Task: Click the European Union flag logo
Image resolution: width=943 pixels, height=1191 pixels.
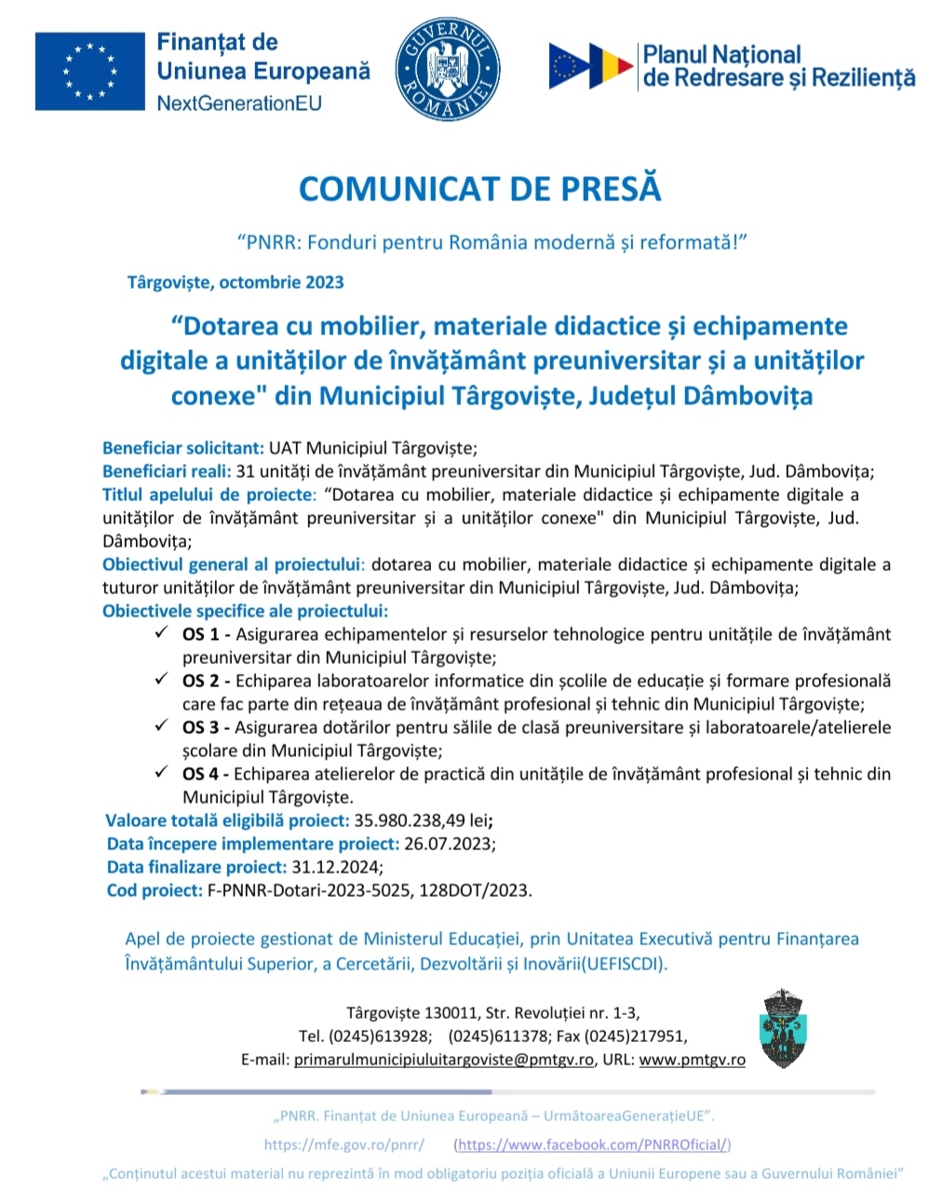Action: [89, 71]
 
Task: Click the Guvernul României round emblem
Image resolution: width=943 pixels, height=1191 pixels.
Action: [447, 69]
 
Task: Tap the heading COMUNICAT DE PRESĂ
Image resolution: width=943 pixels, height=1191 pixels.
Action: [479, 188]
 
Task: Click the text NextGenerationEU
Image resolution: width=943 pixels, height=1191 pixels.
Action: [239, 103]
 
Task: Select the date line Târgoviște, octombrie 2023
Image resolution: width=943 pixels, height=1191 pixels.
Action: [236, 282]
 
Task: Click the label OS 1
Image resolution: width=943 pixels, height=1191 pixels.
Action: [204, 634]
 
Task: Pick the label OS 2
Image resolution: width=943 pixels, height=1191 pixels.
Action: [204, 681]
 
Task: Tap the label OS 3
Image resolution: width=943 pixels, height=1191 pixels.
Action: [204, 727]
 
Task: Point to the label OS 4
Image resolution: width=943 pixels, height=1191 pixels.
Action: [204, 774]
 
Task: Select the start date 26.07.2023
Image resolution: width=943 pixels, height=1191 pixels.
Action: [448, 844]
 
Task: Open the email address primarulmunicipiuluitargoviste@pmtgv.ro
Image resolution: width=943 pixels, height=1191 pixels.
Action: [443, 1060]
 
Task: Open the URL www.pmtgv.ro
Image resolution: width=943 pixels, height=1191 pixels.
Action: [692, 1060]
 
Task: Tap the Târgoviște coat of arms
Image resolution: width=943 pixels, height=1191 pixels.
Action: [783, 1028]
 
